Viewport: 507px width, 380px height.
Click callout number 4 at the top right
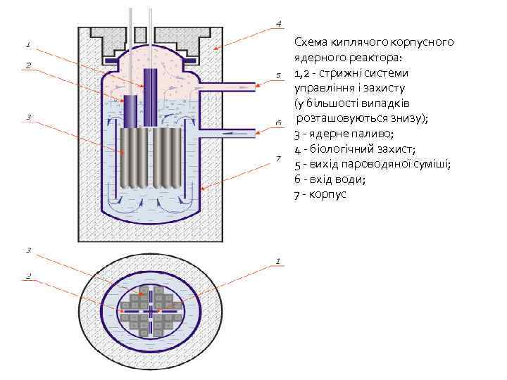pyautogui.click(x=279, y=23)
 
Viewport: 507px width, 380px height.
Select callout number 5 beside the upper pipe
pyautogui.click(x=279, y=75)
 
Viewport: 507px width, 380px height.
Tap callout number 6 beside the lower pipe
pyautogui.click(x=279, y=122)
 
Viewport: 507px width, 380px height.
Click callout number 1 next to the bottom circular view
pyautogui.click(x=279, y=261)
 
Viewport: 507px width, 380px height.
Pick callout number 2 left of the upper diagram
pyautogui.click(x=28, y=65)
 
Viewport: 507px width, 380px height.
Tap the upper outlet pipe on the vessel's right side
pyautogui.click(x=225, y=85)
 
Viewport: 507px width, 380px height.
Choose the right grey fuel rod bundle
pyautogui.click(x=168, y=158)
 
